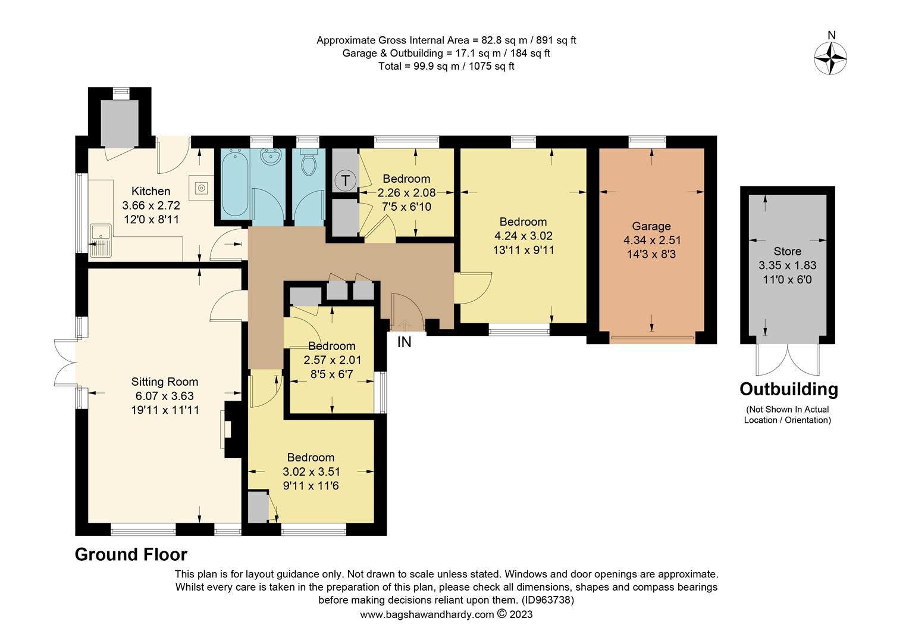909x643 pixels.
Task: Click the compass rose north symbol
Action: (x=830, y=56)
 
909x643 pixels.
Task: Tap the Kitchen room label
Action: (x=151, y=191)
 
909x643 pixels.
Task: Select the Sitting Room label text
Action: (x=165, y=382)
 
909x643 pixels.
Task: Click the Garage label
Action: (x=651, y=226)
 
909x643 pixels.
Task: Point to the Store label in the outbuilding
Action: (x=787, y=251)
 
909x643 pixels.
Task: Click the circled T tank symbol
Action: (x=345, y=179)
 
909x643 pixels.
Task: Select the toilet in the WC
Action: (x=308, y=164)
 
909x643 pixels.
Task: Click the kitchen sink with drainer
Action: (x=101, y=240)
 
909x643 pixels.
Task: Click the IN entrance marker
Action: (x=404, y=342)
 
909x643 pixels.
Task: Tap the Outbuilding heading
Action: (x=788, y=389)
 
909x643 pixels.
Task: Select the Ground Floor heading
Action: (x=131, y=554)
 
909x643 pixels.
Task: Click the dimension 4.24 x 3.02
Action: (x=523, y=236)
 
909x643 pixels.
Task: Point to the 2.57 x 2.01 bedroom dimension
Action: (x=332, y=360)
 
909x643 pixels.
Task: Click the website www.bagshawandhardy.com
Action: (x=427, y=614)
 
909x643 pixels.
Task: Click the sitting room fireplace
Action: (x=228, y=428)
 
